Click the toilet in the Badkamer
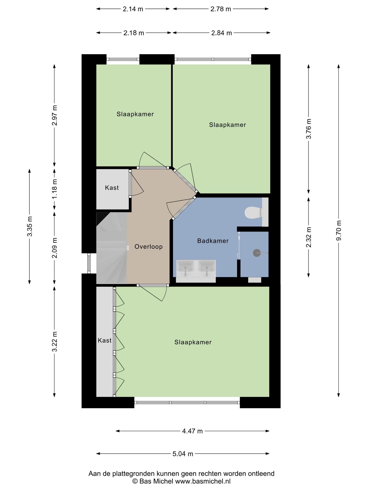click(253, 213)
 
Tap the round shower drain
click(257, 253)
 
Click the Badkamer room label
click(213, 241)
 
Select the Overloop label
click(148, 247)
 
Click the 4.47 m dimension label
click(192, 431)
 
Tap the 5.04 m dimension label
click(183, 454)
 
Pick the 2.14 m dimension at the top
click(133, 9)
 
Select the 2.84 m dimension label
click(222, 33)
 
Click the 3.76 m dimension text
click(309, 129)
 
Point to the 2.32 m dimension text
click(309, 237)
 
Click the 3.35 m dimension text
click(30, 226)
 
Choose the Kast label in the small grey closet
click(112, 188)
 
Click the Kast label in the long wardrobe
click(105, 340)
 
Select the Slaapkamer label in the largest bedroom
click(193, 342)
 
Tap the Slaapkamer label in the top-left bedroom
click(135, 114)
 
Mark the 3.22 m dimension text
click(54, 342)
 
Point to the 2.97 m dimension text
click(54, 116)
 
